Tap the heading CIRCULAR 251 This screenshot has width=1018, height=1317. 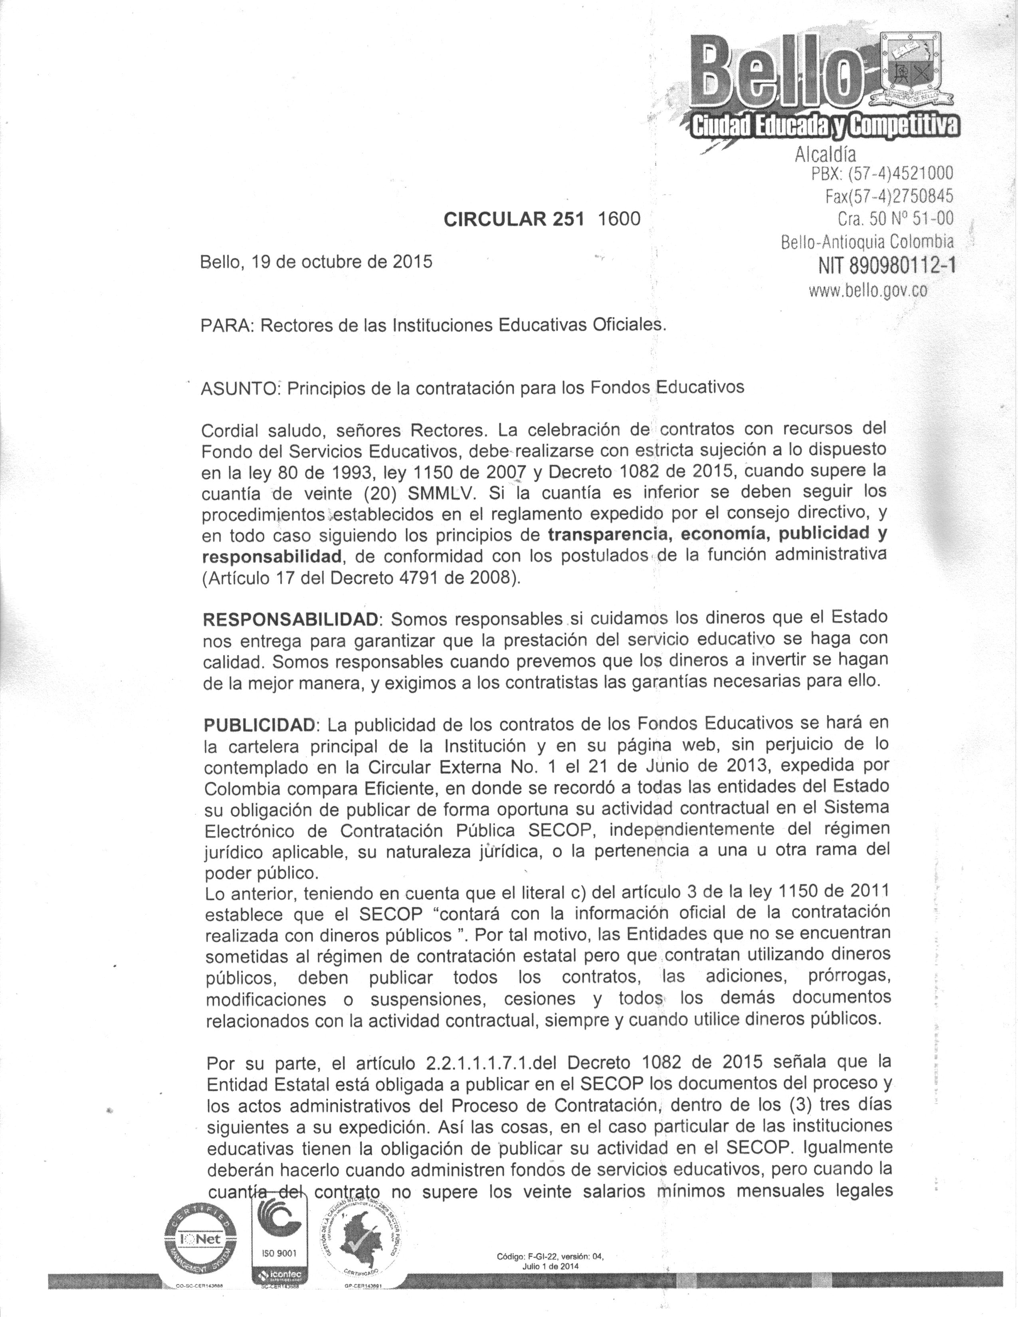514,219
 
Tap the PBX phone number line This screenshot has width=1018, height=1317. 882,174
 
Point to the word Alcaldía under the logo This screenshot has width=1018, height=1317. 825,154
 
